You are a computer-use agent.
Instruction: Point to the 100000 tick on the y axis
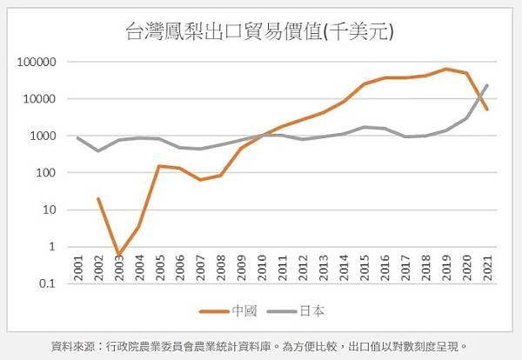point(37,62)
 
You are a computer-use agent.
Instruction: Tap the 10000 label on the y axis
point(39,99)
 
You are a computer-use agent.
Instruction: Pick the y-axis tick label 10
point(50,210)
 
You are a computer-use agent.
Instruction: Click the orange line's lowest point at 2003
point(118,256)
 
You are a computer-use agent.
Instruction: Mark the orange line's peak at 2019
point(446,69)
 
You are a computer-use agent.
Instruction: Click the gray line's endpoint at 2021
point(487,85)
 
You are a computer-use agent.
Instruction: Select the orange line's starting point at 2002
point(97,198)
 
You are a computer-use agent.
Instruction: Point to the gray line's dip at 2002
point(97,150)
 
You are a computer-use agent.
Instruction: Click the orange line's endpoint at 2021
point(487,110)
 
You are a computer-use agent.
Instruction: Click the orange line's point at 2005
point(159,165)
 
